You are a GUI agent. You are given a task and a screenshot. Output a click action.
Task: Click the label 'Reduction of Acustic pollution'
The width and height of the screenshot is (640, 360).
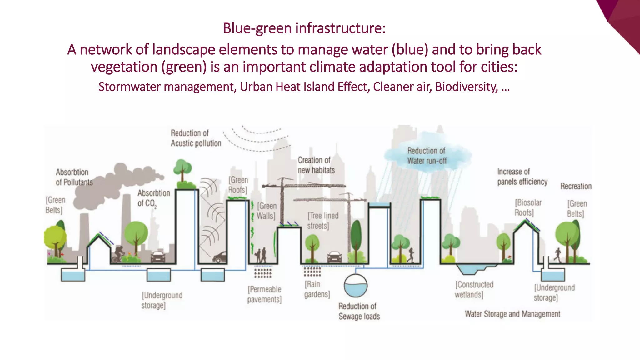[x=196, y=138]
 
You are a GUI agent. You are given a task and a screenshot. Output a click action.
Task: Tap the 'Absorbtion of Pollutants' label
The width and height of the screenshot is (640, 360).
[x=74, y=177]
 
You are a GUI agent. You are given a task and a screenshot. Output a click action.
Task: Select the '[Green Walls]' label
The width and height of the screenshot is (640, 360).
[x=266, y=211]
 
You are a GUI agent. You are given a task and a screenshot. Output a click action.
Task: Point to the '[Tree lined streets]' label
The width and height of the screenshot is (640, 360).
[x=323, y=221]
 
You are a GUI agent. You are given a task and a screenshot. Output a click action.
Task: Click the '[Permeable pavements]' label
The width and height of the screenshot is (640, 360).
[x=264, y=294]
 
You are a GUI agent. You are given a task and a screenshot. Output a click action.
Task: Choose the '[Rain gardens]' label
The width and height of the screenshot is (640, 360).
[x=317, y=289]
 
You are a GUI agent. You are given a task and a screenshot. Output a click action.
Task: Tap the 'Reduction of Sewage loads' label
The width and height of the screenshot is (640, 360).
[x=359, y=311]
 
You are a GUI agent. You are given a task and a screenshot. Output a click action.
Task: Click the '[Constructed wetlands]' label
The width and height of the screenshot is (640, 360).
[x=474, y=290]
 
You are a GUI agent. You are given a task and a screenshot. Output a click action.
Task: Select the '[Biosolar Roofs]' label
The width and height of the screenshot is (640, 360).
[x=528, y=207]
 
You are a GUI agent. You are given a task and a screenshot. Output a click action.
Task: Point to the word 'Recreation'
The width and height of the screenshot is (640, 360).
[x=576, y=186]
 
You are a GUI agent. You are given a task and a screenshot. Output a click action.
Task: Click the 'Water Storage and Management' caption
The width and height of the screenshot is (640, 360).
[x=512, y=314]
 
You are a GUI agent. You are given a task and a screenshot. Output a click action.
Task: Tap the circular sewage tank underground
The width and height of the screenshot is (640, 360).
[x=356, y=286]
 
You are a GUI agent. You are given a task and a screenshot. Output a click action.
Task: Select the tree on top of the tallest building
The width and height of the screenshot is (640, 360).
[x=182, y=170]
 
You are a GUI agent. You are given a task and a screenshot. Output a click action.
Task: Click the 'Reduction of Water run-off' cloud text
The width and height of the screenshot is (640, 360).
[x=427, y=156]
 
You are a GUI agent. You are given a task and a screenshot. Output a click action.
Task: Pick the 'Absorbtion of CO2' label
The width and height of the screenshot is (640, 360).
[x=153, y=198]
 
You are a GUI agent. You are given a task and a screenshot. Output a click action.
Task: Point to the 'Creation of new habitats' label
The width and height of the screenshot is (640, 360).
[x=316, y=165]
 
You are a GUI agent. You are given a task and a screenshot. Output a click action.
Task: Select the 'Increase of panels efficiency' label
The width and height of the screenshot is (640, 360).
[x=522, y=177]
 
